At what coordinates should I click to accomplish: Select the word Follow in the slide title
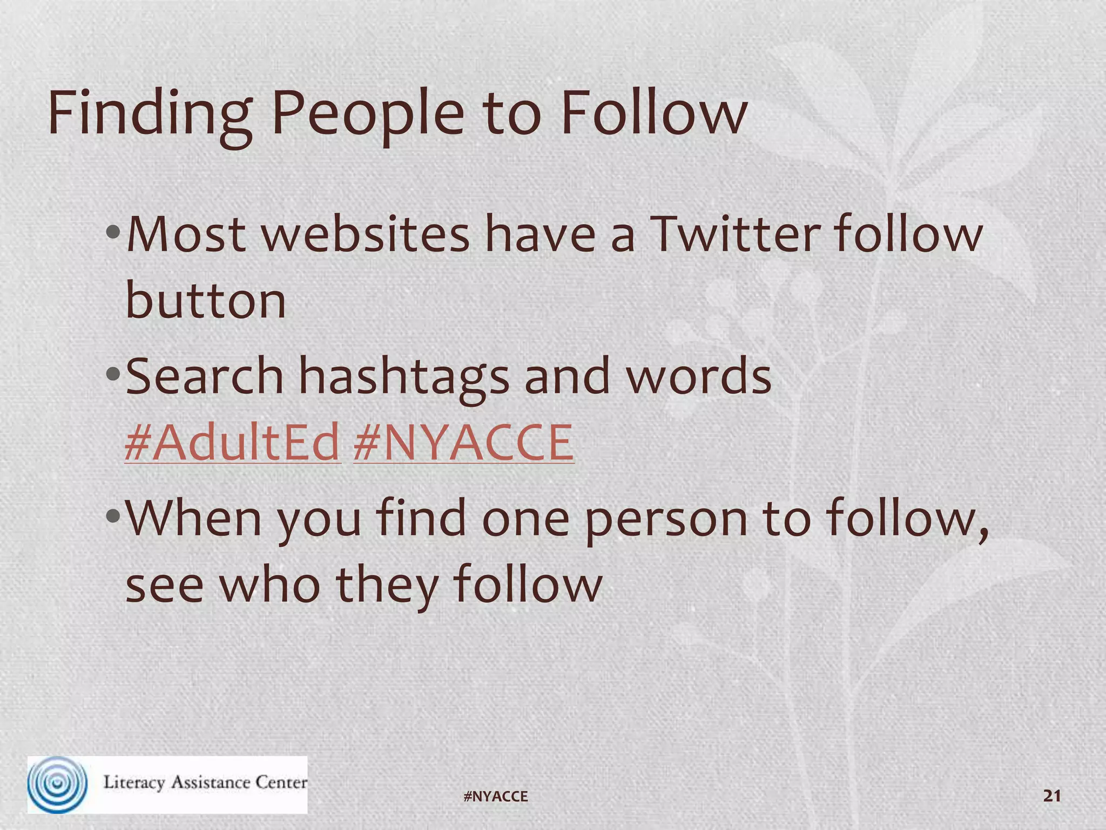click(654, 113)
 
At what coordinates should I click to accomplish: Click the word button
click(205, 301)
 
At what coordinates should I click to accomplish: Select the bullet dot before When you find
click(113, 516)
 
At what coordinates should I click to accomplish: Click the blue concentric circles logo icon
click(57, 784)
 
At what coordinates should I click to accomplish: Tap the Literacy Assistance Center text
click(205, 782)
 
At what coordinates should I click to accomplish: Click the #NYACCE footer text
click(496, 796)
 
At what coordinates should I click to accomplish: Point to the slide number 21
click(1052, 795)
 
